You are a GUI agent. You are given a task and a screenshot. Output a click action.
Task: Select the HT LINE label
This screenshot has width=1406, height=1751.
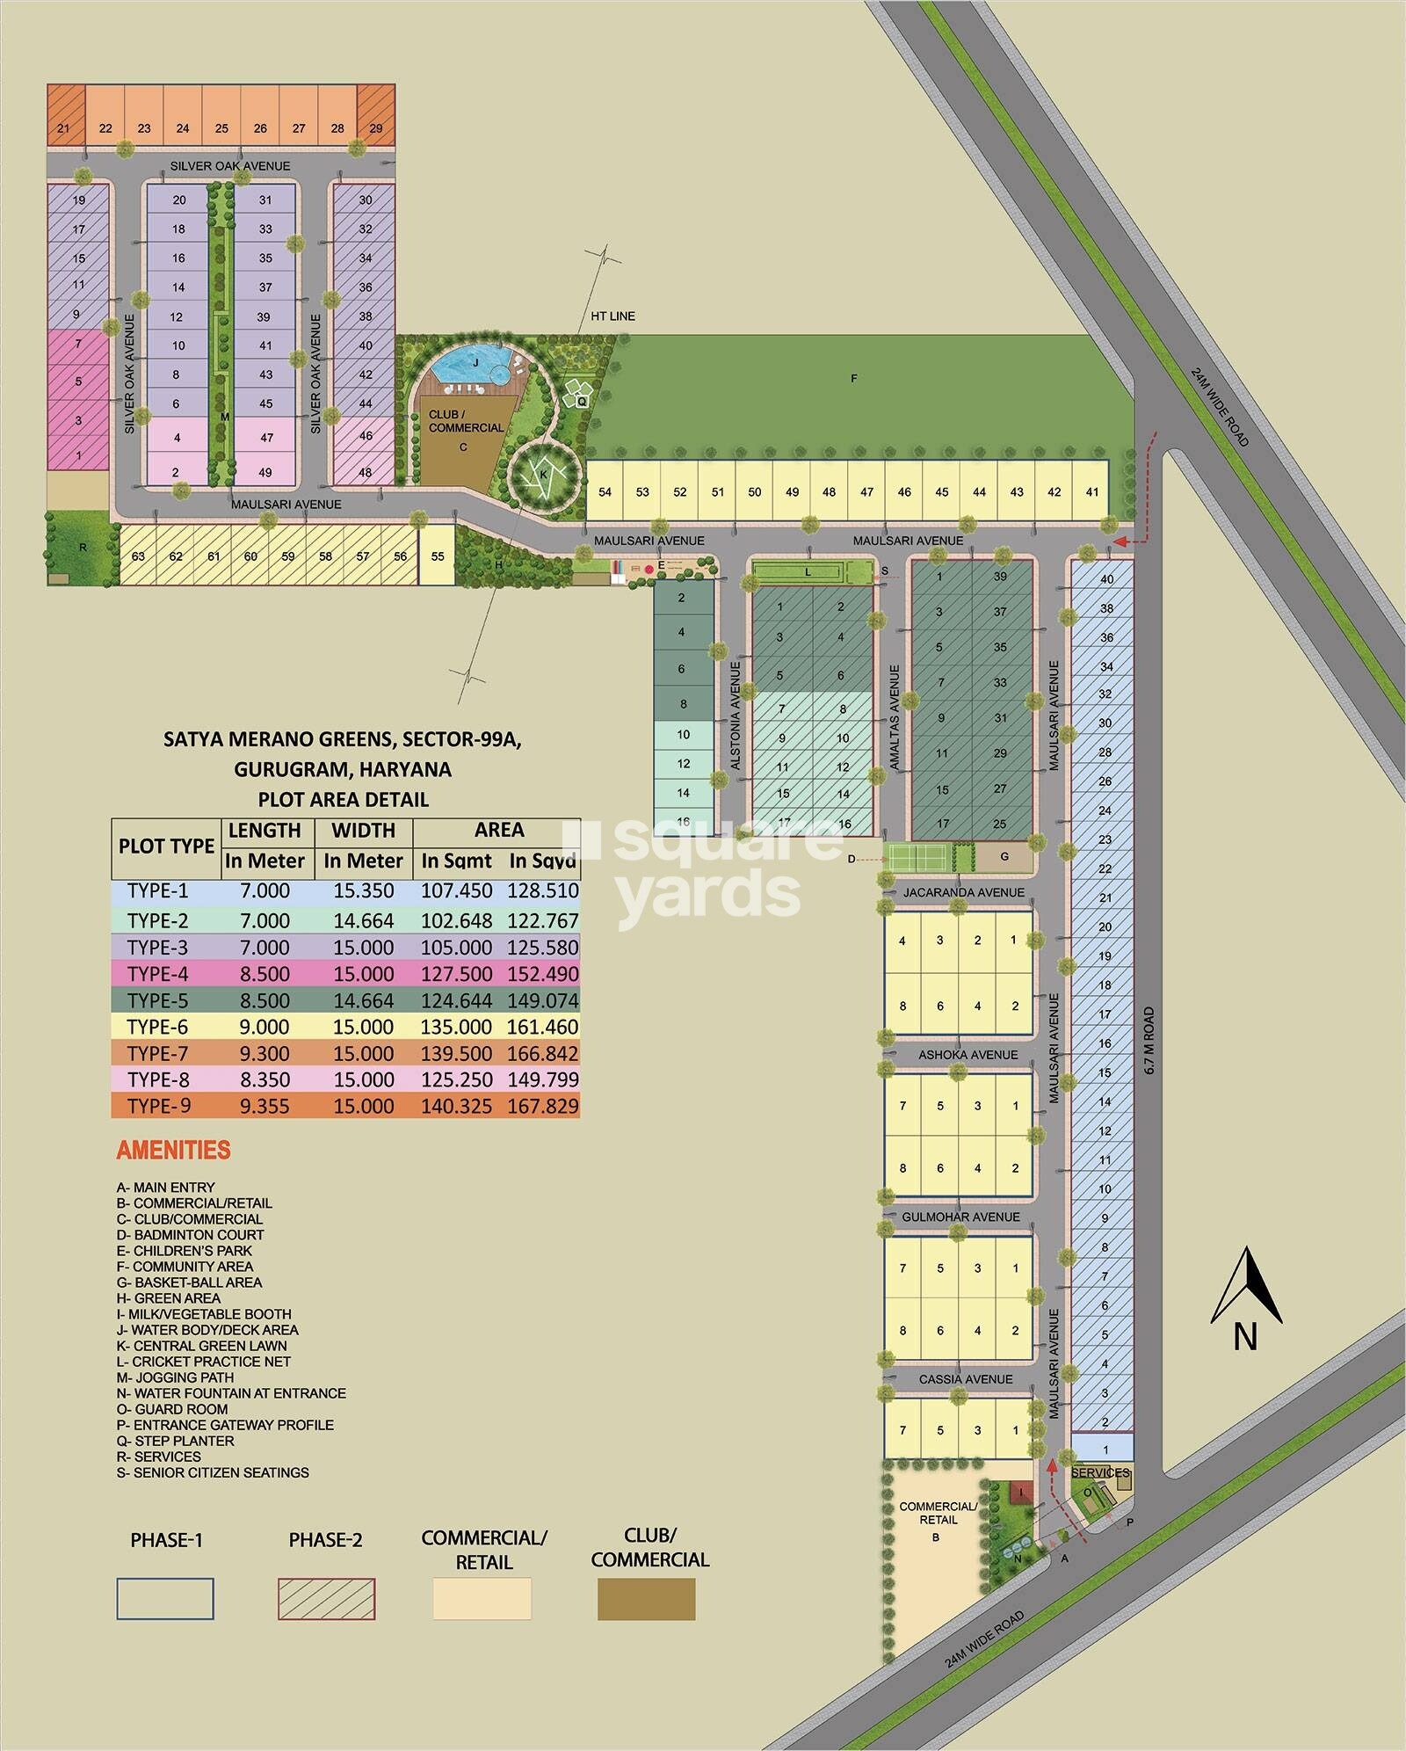pyautogui.click(x=612, y=316)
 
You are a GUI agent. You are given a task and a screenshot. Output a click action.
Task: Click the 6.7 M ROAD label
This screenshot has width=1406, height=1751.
pyautogui.click(x=1149, y=1041)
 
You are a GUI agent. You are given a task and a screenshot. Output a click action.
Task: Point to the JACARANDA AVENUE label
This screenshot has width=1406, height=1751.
pyautogui.click(x=963, y=892)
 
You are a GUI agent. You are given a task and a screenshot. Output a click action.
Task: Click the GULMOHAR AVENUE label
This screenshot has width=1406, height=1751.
pyautogui.click(x=960, y=1217)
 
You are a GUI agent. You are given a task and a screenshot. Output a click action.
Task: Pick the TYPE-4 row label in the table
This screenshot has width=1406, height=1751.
pyautogui.click(x=158, y=974)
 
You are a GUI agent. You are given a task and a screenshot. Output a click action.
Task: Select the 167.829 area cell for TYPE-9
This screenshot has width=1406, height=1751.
pyautogui.click(x=543, y=1106)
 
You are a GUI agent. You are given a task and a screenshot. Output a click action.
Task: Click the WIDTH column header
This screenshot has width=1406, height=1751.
pyautogui.click(x=363, y=831)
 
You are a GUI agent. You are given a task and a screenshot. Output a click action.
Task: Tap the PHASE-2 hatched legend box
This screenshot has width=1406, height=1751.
pyautogui.click(x=326, y=1599)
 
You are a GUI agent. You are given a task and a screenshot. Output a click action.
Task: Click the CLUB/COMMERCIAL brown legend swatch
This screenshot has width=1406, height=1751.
pyautogui.click(x=646, y=1599)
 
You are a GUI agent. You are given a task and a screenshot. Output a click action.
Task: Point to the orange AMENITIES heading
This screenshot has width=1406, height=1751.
pyautogui.click(x=174, y=1151)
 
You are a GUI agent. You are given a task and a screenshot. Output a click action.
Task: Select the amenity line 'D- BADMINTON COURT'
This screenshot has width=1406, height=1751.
pyautogui.click(x=190, y=1235)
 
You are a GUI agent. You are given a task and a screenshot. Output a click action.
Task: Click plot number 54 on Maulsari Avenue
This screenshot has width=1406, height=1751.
pyautogui.click(x=605, y=492)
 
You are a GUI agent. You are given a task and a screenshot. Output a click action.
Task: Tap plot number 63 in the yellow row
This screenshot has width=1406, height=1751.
pyautogui.click(x=138, y=556)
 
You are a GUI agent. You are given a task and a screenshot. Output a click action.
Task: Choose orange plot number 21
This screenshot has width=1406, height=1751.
pyautogui.click(x=63, y=128)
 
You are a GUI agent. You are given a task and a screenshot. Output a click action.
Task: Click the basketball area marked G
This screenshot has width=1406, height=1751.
pyautogui.click(x=1004, y=857)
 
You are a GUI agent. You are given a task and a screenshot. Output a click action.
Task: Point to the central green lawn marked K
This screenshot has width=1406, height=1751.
pyautogui.click(x=543, y=476)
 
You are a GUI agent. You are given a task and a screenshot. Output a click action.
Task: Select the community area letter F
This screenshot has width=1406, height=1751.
pyautogui.click(x=853, y=379)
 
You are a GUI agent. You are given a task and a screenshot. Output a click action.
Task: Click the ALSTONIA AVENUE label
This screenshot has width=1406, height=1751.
pyautogui.click(x=736, y=716)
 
